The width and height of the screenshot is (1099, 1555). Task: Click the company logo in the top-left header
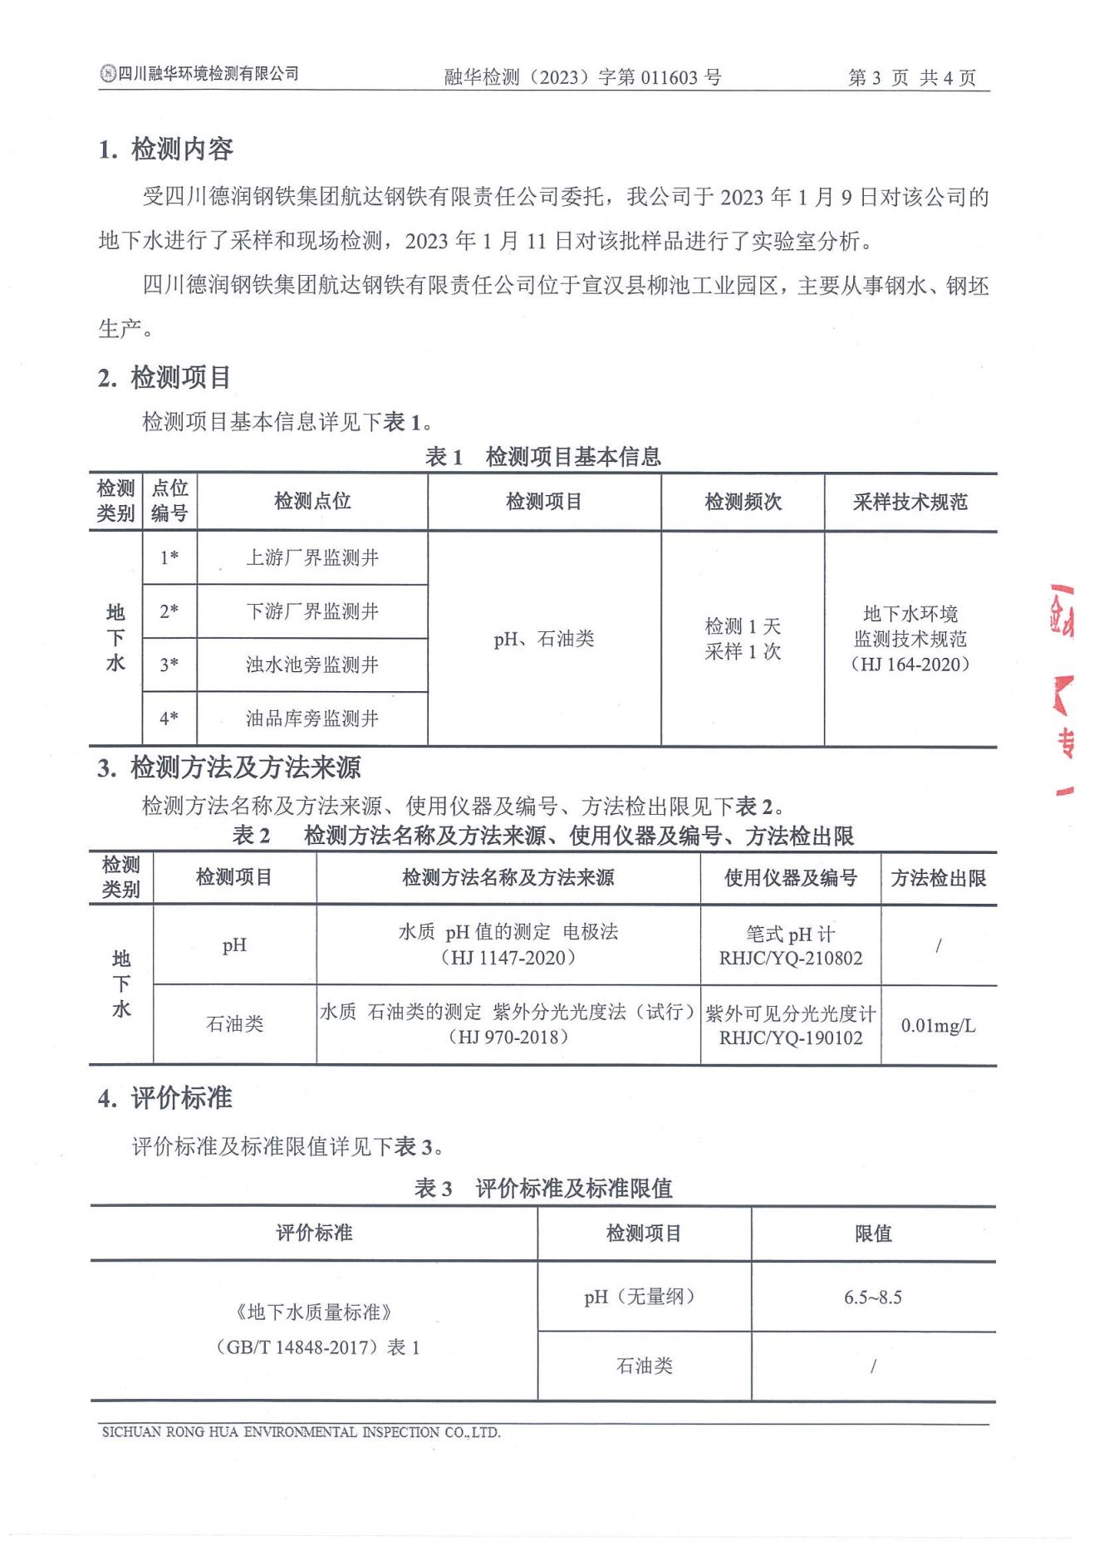click(x=107, y=74)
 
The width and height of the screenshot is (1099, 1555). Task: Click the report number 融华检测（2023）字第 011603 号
click(x=582, y=78)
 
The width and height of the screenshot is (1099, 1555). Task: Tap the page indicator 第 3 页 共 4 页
click(x=911, y=78)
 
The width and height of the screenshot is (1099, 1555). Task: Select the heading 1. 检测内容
click(x=165, y=150)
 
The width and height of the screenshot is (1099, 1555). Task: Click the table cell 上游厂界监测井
click(x=312, y=558)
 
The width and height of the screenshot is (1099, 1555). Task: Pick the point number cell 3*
click(x=169, y=665)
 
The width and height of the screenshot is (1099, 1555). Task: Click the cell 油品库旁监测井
click(x=312, y=719)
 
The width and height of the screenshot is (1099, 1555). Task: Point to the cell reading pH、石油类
click(x=544, y=639)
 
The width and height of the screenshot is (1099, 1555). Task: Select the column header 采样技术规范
click(x=910, y=503)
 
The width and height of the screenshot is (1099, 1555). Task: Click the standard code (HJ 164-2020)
click(x=910, y=665)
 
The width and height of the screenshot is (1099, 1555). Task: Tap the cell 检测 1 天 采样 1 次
click(x=743, y=639)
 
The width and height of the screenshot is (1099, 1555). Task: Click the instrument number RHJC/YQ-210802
click(x=791, y=959)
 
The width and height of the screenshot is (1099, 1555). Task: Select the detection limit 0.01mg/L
click(x=938, y=1026)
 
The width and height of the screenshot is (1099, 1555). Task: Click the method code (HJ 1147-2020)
click(x=508, y=958)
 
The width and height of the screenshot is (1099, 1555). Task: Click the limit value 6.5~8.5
click(x=872, y=1297)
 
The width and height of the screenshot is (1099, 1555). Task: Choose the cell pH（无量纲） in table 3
click(x=644, y=1297)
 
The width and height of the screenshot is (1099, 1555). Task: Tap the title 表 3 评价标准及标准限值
click(x=543, y=1189)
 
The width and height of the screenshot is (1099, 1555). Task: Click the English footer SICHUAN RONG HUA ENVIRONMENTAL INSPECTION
click(x=301, y=1432)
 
